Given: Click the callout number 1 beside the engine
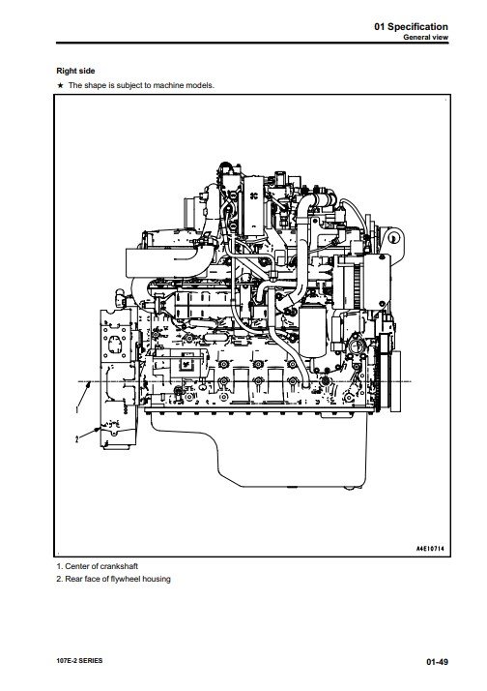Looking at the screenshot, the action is pyautogui.click(x=77, y=409).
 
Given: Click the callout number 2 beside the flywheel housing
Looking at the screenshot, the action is pyautogui.click(x=77, y=439).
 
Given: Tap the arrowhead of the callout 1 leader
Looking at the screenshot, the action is pyautogui.click(x=87, y=385).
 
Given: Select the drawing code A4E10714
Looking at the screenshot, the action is pyautogui.click(x=430, y=549).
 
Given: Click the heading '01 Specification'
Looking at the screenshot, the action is pyautogui.click(x=411, y=26).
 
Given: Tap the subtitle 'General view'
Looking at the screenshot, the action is pyautogui.click(x=425, y=38).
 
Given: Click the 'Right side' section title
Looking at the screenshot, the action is pyautogui.click(x=75, y=71).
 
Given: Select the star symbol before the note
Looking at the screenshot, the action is pyautogui.click(x=60, y=85).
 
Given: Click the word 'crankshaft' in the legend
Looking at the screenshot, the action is pyautogui.click(x=119, y=566).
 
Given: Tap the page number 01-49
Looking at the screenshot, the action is pyautogui.click(x=437, y=661).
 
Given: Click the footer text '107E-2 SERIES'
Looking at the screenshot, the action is pyautogui.click(x=79, y=661).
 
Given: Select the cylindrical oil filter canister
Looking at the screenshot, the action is pyautogui.click(x=312, y=332).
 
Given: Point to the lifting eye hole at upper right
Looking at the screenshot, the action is pyautogui.click(x=394, y=238).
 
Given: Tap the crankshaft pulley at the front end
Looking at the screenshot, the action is pyautogui.click(x=395, y=380).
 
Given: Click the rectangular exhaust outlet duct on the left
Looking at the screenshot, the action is pyautogui.click(x=161, y=262).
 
